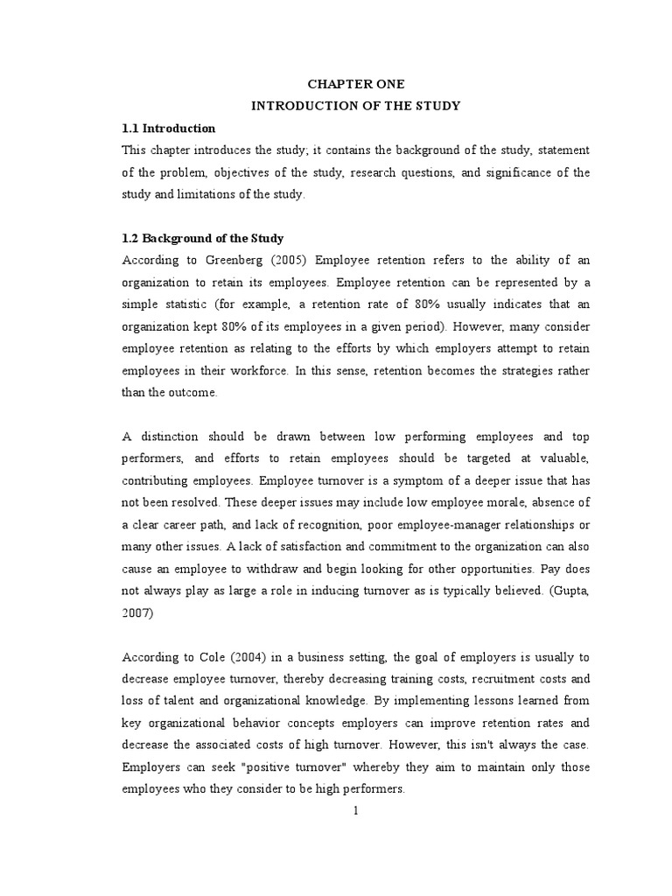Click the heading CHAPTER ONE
pos(356,84)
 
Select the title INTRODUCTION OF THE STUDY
pos(356,106)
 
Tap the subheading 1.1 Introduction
pos(169,129)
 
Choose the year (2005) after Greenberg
pos(289,260)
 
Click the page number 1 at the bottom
pos(356,811)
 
